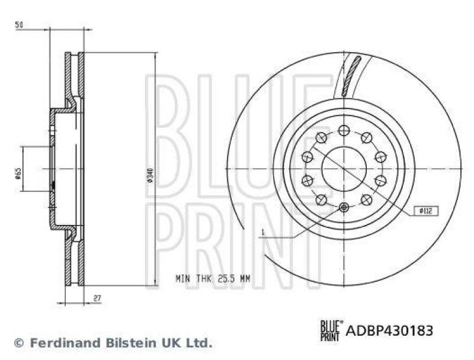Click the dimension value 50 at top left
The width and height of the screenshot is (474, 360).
pos(19,26)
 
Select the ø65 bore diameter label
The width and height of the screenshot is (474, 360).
pos(18,172)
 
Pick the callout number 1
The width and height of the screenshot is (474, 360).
pos(262,233)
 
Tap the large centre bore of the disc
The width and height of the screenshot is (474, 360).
pos(344,169)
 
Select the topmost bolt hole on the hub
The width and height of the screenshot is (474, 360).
pos(344,131)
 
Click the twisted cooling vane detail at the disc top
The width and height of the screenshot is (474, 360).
pos(351,75)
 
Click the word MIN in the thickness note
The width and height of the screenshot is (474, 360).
pos(183,277)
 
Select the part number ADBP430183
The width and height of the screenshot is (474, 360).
pos(389,329)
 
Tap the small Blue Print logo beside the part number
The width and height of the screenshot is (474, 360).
pos(331,329)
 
